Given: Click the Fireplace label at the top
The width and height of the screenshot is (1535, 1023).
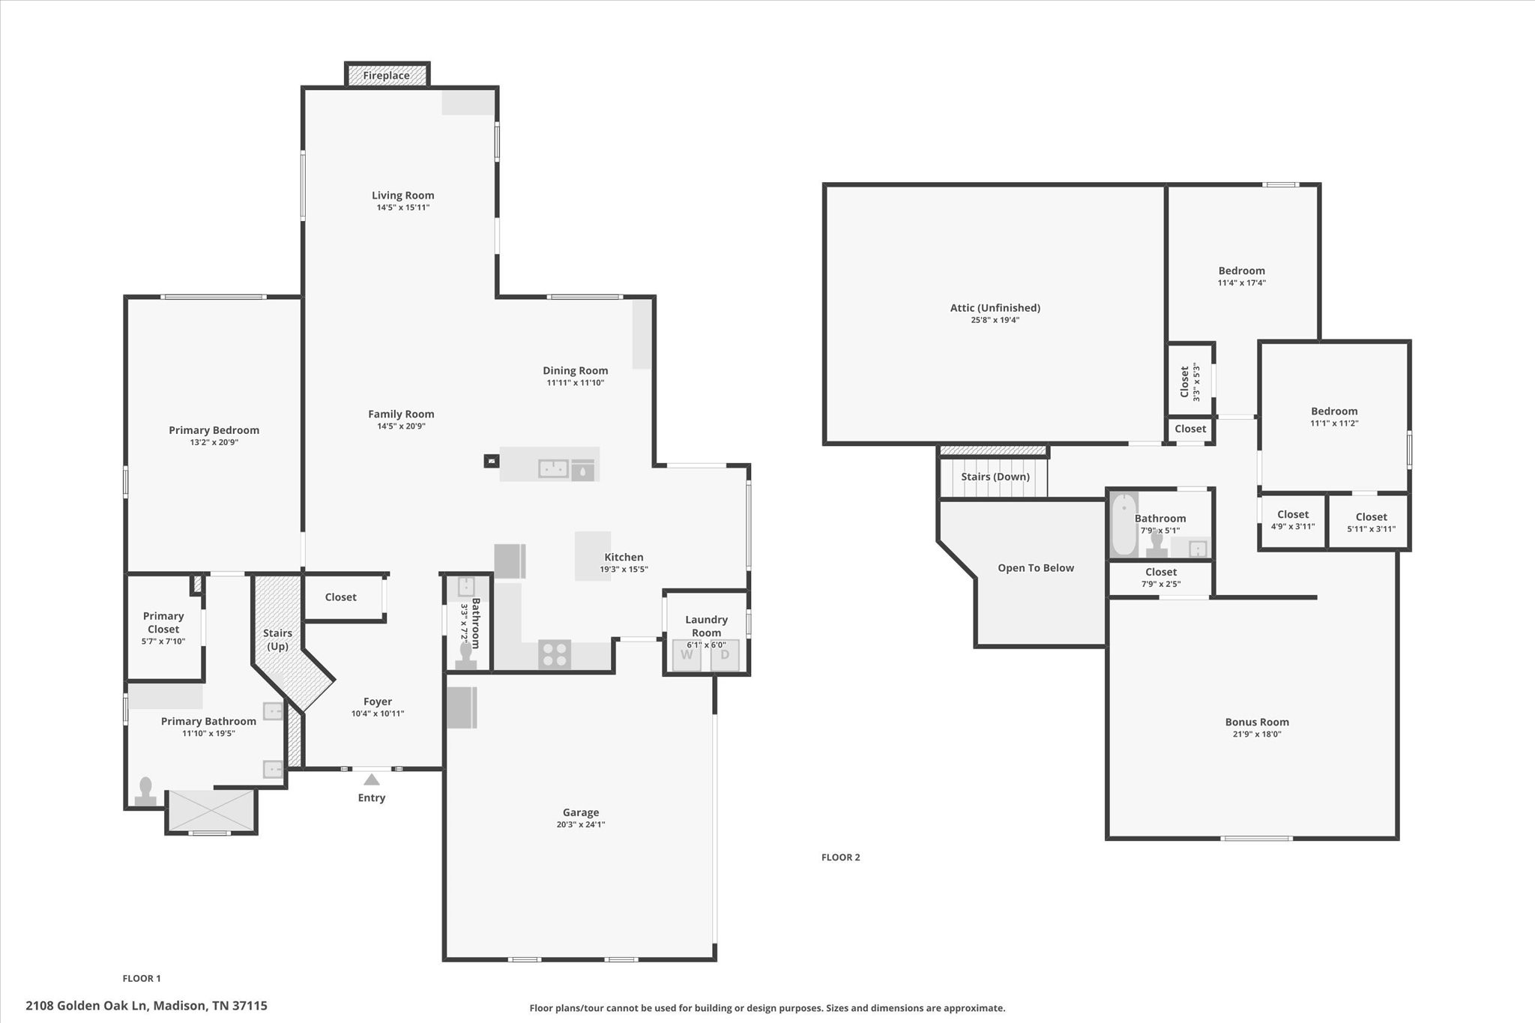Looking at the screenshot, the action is click(386, 76).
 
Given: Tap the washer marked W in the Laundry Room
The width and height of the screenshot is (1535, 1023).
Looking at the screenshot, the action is click(687, 655).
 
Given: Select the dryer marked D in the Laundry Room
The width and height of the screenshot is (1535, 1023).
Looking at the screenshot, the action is click(725, 655).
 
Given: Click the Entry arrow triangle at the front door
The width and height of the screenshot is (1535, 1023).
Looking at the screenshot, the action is click(372, 779).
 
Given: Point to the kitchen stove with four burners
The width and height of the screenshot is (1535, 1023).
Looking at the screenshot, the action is click(555, 654).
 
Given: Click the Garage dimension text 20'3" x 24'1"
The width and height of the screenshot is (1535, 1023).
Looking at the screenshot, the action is click(581, 824).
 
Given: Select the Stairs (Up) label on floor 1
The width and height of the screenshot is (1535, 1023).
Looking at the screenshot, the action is click(277, 639).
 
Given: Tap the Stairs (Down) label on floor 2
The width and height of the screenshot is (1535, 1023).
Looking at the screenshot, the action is click(995, 477).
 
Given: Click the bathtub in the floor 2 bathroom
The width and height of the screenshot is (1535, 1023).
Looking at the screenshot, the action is click(1124, 524).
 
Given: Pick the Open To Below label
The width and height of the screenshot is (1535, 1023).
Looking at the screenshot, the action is click(1036, 568).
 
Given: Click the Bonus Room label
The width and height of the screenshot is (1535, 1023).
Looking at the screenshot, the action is click(1257, 722).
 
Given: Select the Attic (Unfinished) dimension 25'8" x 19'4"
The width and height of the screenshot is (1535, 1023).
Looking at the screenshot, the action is click(995, 320).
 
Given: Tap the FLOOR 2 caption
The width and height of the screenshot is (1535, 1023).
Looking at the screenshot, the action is click(841, 857).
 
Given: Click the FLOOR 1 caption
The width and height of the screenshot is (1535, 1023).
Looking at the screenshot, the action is click(142, 978).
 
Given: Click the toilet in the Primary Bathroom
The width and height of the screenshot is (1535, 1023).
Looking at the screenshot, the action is click(145, 791).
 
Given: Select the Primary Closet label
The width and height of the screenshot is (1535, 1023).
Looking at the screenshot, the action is click(163, 623).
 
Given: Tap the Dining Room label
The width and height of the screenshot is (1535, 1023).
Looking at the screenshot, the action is click(576, 370).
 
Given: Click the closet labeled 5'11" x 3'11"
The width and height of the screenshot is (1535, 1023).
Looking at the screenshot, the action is click(1369, 522).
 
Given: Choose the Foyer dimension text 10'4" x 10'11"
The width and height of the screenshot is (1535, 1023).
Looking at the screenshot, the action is click(378, 713).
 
